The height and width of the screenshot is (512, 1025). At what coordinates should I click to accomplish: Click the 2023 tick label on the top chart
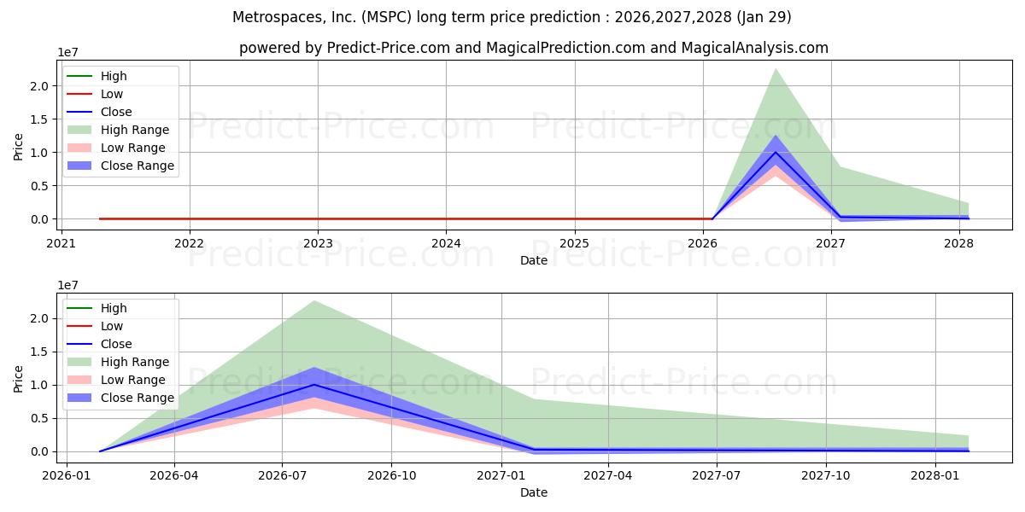(318, 241)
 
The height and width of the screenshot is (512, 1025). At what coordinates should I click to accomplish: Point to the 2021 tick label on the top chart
(61, 241)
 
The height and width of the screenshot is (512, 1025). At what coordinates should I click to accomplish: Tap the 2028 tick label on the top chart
(959, 241)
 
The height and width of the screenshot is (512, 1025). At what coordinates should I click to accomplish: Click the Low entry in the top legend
(112, 94)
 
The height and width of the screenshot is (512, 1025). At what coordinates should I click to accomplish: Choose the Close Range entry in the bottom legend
(138, 398)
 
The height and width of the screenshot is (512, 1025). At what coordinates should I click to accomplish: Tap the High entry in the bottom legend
(114, 308)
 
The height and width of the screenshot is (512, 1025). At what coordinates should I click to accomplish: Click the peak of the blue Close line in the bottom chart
(314, 384)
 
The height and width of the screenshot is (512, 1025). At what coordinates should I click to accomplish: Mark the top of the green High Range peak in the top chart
(775, 69)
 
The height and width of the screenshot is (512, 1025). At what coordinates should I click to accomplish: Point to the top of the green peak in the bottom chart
(314, 300)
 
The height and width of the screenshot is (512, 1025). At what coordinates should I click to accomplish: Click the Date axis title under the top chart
(534, 260)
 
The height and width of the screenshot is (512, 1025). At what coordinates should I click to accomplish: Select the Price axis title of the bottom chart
(19, 377)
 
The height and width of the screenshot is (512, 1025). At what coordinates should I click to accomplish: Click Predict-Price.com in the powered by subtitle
(389, 48)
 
